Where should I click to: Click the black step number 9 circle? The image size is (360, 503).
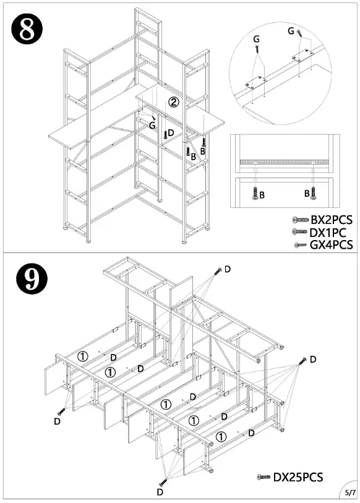[32, 279]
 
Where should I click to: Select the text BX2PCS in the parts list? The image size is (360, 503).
[332, 220]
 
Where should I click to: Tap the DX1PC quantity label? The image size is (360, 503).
[328, 233]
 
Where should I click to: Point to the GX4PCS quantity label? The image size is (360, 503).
[331, 245]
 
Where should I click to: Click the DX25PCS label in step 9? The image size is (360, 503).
[298, 477]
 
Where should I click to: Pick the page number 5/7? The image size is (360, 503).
[350, 492]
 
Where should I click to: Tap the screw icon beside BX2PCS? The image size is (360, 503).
[301, 220]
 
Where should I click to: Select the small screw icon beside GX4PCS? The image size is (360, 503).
[301, 245]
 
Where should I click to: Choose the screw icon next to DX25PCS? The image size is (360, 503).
[264, 478]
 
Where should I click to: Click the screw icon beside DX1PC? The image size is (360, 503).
[299, 231]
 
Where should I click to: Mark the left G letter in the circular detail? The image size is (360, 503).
[256, 39]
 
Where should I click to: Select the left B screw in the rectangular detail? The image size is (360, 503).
[255, 194]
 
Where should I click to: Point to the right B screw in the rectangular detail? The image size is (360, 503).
[314, 194]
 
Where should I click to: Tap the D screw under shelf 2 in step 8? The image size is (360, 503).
[165, 134]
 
